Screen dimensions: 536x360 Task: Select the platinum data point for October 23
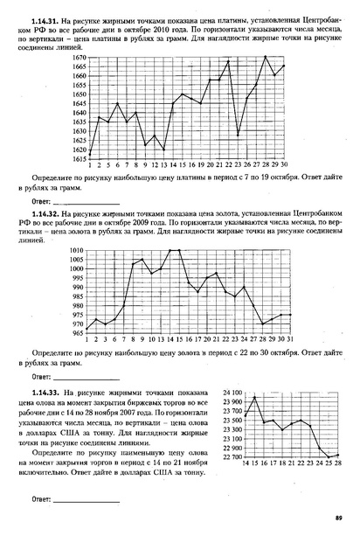[x=239, y=136]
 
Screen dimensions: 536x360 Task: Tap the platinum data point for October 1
[x=90, y=154]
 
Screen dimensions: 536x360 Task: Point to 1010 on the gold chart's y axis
[x=77, y=250]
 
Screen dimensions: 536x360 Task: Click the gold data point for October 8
[x=133, y=263]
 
